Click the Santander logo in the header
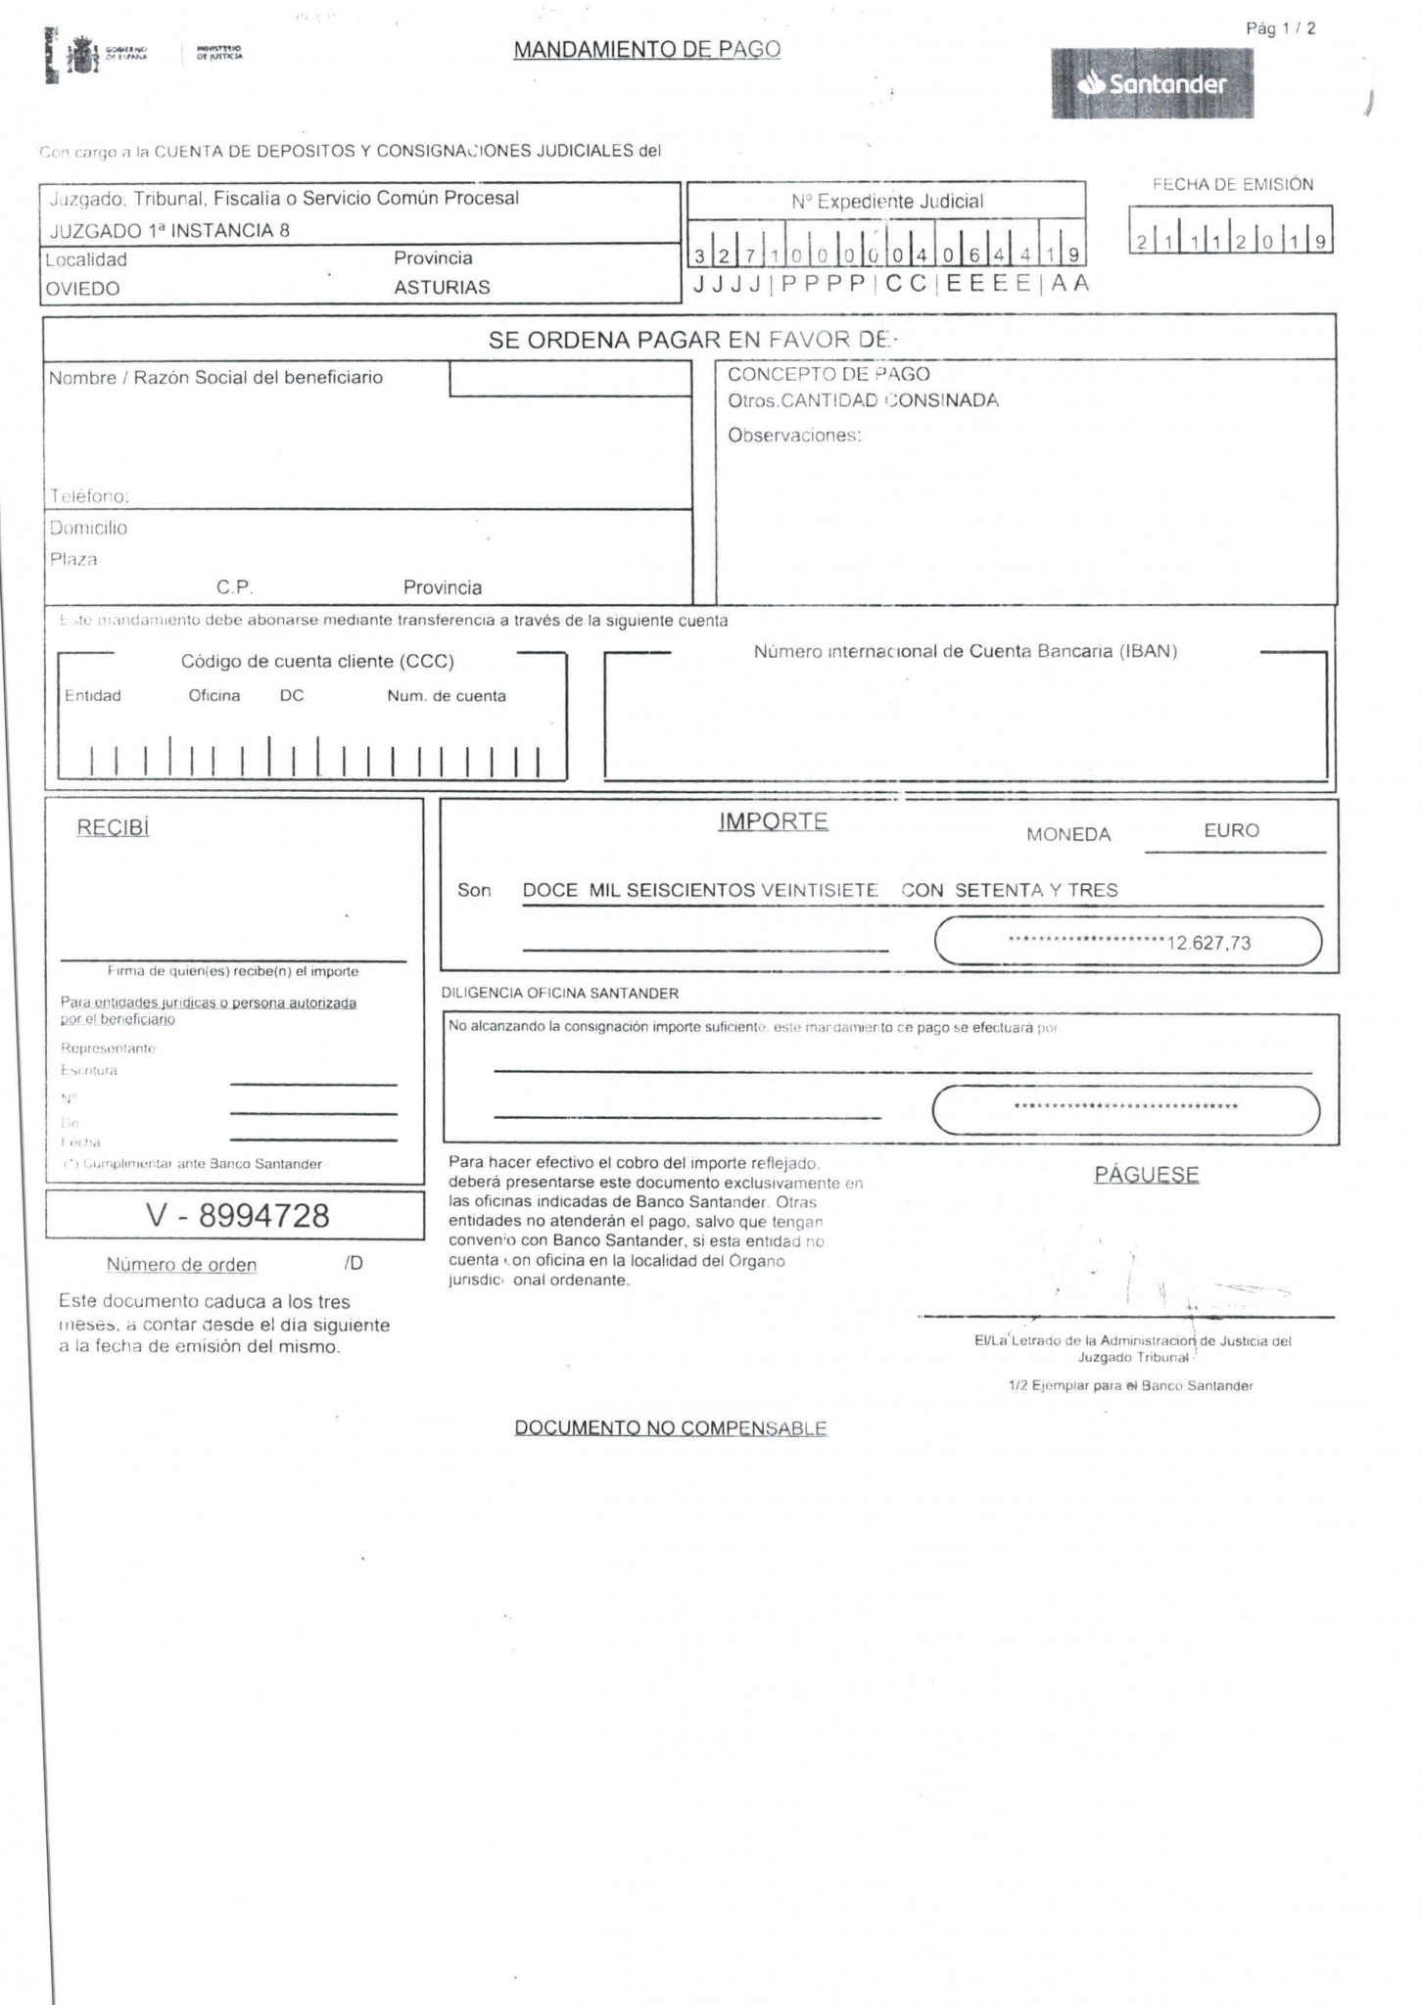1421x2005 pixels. tap(1152, 84)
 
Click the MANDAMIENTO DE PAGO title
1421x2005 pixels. tap(646, 50)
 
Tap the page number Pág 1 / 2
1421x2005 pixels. tap(1280, 28)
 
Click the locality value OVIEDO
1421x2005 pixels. tap(83, 289)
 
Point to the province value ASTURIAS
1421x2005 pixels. tap(442, 288)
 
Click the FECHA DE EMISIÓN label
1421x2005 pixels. tap(1232, 184)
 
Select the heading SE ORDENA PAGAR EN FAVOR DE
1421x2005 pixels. tap(689, 340)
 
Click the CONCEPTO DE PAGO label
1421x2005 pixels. tap(829, 374)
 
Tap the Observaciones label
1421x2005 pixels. tap(794, 436)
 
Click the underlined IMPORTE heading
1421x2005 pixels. tap(773, 821)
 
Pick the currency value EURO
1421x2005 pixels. tap(1231, 830)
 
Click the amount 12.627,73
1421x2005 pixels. tap(1208, 943)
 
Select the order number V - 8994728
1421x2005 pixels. tap(237, 1215)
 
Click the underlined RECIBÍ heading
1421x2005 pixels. tap(113, 828)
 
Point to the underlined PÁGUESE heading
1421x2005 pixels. tap(1146, 1174)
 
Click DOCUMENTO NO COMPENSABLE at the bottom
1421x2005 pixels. tap(671, 1427)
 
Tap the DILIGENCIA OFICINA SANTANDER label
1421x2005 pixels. tap(560, 993)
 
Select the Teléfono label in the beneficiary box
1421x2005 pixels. tap(89, 496)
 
